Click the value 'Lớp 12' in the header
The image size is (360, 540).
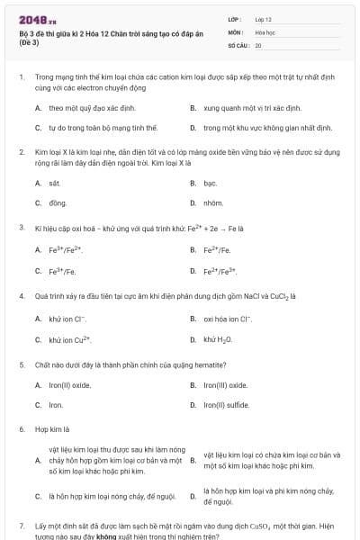click(264, 19)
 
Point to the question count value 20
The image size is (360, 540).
click(258, 44)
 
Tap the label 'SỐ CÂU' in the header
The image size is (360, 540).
click(238, 44)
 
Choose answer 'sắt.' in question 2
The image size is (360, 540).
click(54, 183)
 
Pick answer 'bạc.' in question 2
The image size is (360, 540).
click(211, 183)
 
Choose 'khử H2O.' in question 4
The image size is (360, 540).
click(219, 338)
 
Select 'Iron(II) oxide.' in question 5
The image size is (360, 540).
click(70, 385)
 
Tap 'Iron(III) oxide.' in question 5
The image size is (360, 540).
click(226, 385)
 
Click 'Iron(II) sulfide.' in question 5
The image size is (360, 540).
click(226, 405)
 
